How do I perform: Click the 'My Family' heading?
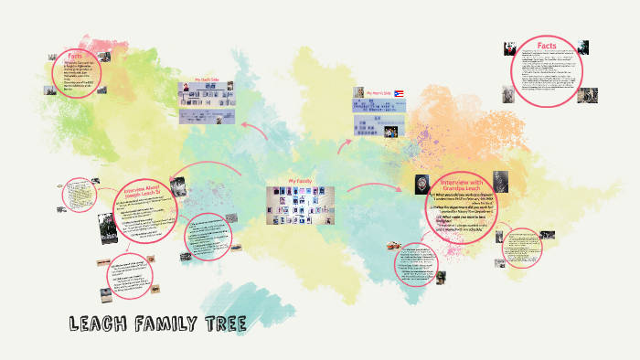301,181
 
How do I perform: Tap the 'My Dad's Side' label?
207,78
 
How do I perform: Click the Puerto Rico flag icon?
400,93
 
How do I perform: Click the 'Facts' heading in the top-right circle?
547,45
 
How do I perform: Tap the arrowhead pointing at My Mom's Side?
347,143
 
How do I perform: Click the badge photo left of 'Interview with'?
421,182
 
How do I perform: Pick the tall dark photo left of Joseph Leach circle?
108,233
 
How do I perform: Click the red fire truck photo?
394,246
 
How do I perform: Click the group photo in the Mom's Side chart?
392,132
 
